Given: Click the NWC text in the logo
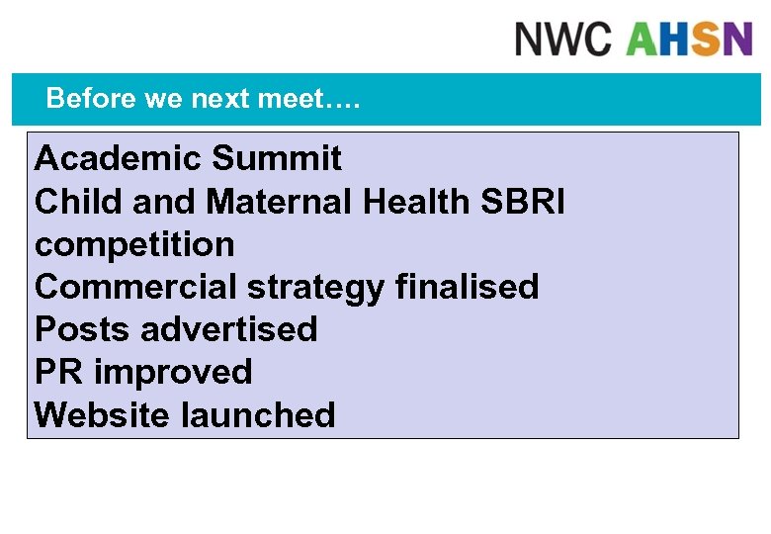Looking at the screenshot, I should coord(564,39).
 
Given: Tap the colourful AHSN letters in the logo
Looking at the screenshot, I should coord(689,39).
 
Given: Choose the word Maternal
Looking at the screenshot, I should coord(280,202).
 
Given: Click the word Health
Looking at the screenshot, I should coord(416,202).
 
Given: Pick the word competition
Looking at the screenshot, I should coord(134,244).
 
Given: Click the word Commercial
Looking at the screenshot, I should coord(135,287).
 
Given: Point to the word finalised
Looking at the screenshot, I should coord(467,287).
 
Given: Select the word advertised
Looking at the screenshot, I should coord(228,329).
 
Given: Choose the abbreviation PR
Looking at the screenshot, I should coord(57,372).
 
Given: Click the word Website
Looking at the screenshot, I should coord(102,414).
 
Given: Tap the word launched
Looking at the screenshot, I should coord(258,414).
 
